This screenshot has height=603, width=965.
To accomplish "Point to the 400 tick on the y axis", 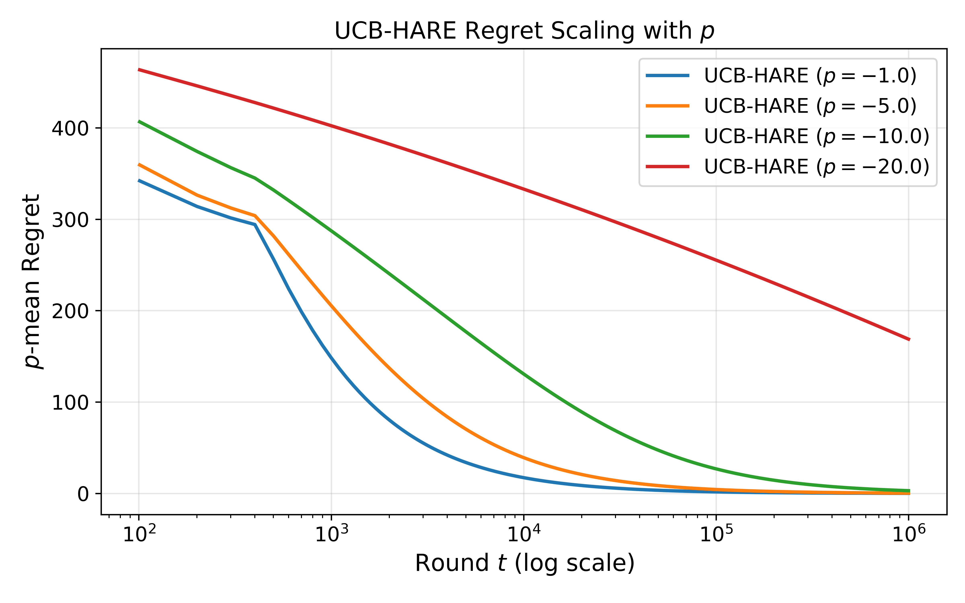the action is click(70, 128).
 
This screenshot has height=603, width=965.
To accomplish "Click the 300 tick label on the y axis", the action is click(70, 220).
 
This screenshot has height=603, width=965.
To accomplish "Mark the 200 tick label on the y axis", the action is click(70, 311).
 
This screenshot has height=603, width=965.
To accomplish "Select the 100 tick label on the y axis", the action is click(70, 402).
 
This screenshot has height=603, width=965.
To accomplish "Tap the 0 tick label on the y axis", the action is click(83, 494).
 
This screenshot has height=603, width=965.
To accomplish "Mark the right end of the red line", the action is click(909, 339).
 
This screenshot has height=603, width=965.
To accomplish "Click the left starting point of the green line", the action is click(138, 121).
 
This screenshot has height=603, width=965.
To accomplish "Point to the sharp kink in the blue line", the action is click(254, 225).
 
